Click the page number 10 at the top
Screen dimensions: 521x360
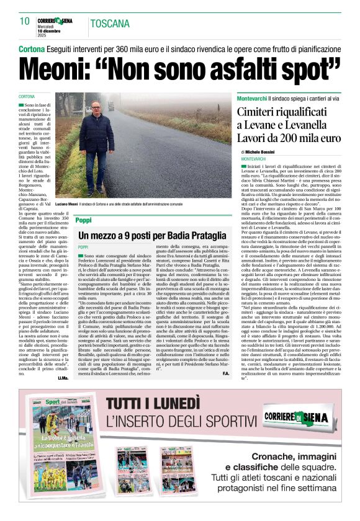click(25, 21)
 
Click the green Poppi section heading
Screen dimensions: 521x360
click(83, 220)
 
